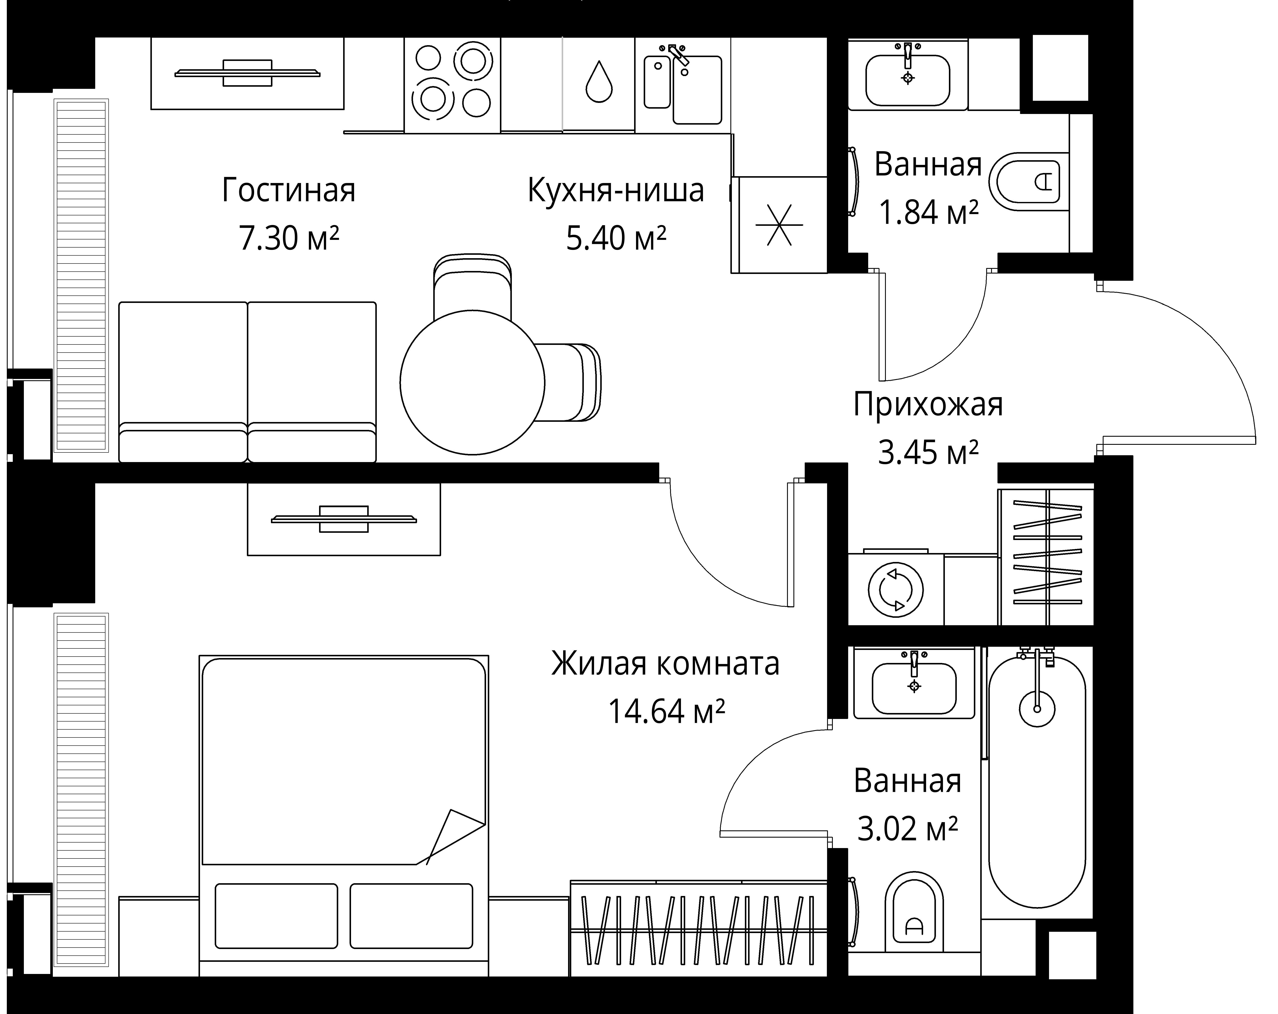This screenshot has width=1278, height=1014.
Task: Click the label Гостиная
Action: pos(289,190)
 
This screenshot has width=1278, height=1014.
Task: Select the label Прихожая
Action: pos(928,405)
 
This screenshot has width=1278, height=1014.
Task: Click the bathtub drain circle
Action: pos(1037,708)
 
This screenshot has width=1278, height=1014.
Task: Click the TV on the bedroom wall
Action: pos(344,519)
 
